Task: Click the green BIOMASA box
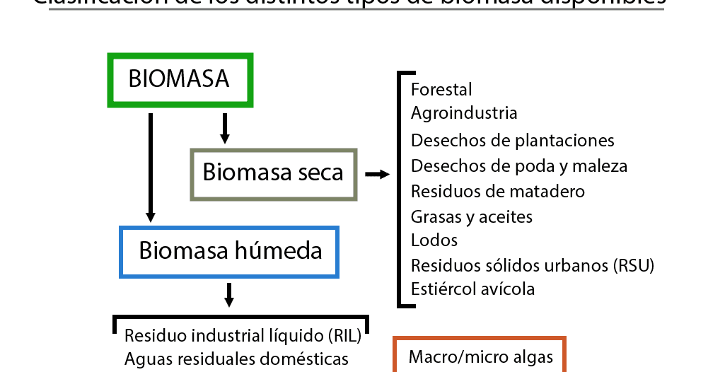(x=180, y=79)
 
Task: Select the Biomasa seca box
(x=273, y=173)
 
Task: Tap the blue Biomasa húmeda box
(x=231, y=251)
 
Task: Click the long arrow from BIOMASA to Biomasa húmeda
(x=150, y=167)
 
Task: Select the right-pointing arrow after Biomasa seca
(x=377, y=174)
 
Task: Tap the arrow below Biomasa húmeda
(x=228, y=294)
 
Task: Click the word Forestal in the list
(x=441, y=90)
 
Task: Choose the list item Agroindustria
(x=464, y=113)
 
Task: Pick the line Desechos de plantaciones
(x=512, y=141)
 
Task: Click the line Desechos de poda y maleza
(x=518, y=166)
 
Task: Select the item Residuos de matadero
(x=497, y=192)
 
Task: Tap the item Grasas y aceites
(x=471, y=217)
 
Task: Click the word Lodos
(x=434, y=240)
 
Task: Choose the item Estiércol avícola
(x=472, y=289)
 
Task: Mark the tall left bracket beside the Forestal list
(x=401, y=190)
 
